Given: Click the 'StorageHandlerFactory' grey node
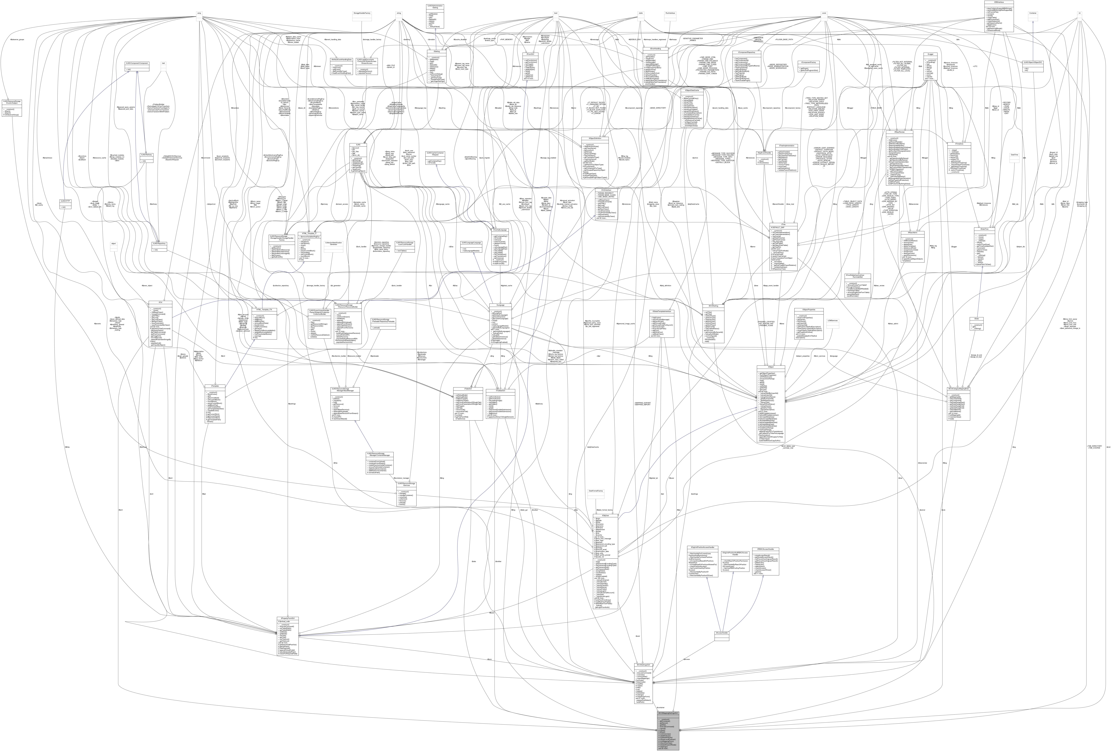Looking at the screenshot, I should point(362,13).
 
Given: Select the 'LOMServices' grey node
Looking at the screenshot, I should point(832,320).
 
